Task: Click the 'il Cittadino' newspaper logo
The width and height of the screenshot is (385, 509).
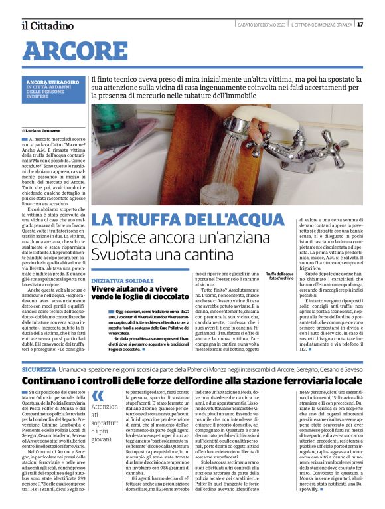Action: tap(47, 25)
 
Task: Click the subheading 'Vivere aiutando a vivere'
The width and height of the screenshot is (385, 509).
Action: tap(129, 290)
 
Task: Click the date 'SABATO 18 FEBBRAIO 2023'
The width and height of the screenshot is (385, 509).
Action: tap(262, 25)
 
